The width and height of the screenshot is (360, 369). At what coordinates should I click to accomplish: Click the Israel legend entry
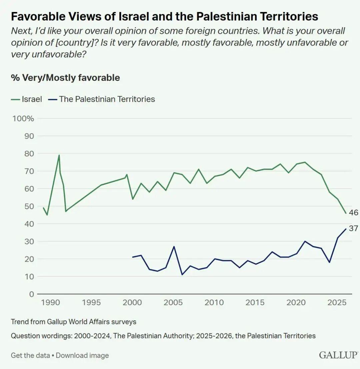(27, 99)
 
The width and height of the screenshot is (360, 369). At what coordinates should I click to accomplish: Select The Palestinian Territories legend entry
(102, 99)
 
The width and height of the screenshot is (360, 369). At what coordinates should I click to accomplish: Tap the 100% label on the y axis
(23, 118)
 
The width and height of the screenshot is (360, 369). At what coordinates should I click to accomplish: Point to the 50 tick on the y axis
(29, 206)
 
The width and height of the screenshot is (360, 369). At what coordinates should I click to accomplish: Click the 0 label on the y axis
(32, 294)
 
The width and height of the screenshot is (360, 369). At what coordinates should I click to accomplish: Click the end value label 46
(353, 213)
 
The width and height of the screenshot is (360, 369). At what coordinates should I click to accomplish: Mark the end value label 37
(353, 229)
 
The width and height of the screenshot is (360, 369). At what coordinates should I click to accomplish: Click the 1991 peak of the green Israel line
(59, 155)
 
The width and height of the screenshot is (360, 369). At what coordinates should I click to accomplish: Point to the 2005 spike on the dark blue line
(174, 247)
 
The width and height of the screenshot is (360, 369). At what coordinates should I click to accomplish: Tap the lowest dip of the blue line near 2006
(182, 275)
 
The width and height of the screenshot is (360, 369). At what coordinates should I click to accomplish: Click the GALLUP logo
(338, 355)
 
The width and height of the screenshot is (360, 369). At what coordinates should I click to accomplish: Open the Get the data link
(30, 355)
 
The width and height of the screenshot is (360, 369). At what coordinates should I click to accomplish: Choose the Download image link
(82, 355)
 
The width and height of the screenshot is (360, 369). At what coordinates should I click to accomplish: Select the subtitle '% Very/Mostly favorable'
(65, 78)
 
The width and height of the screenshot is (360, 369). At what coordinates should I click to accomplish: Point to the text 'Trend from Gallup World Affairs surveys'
(73, 322)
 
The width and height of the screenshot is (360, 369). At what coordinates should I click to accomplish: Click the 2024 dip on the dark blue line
(329, 262)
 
